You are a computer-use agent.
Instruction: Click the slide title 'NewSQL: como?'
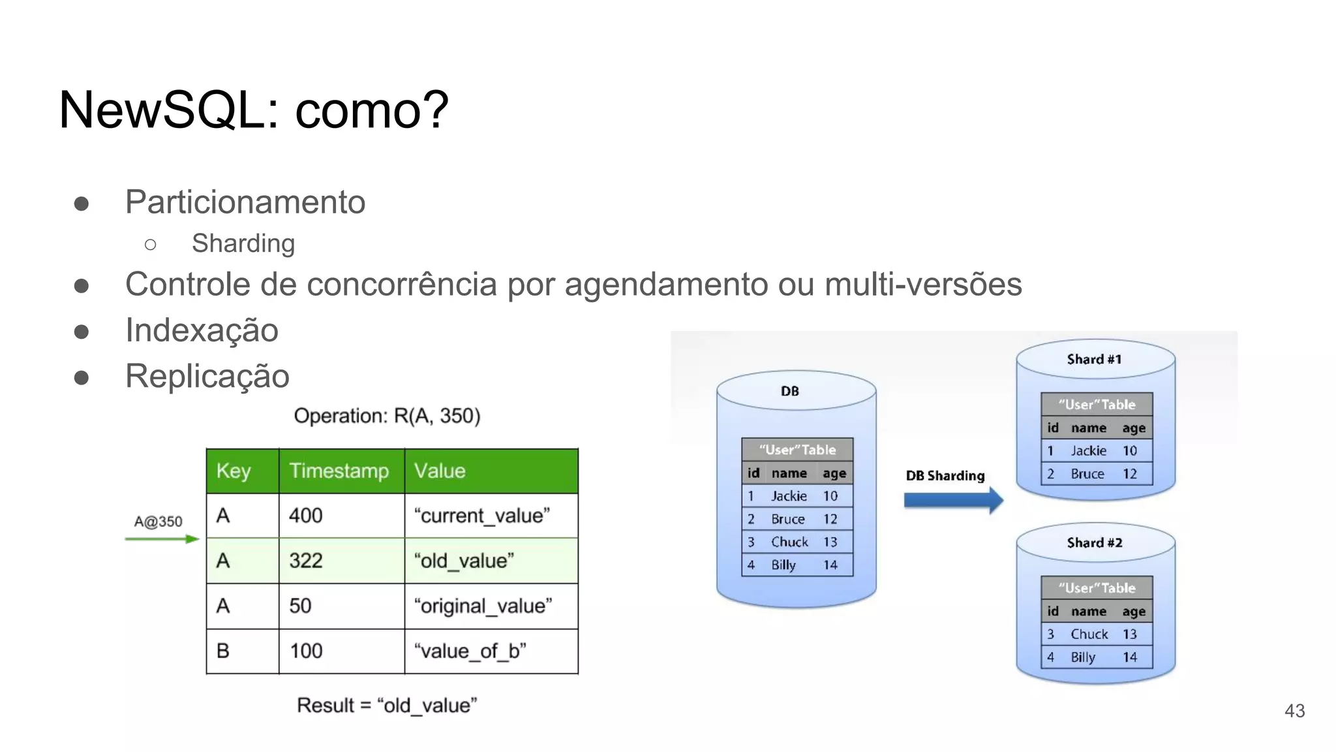254,110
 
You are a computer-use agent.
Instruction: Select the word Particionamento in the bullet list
245,202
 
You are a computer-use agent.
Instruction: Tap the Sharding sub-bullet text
243,243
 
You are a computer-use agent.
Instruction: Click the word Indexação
202,330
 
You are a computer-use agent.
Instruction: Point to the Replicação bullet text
207,376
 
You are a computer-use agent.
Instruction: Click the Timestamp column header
339,471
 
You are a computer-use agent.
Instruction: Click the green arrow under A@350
162,539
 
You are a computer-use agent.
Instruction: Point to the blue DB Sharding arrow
953,501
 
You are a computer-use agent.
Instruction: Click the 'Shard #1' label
1094,359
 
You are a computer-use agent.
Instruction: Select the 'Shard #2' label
1095,542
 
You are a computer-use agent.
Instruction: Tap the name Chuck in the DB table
789,542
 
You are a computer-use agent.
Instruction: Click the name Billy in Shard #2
1083,657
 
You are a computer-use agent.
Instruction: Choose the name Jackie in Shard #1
1088,450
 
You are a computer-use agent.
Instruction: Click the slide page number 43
1294,711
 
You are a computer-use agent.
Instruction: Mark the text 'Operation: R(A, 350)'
387,416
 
